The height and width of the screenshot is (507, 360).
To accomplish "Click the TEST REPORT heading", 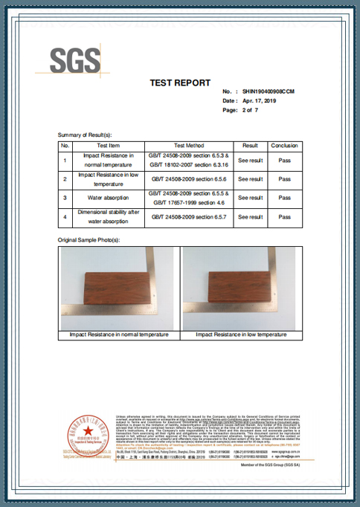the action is pyautogui.click(x=180, y=83).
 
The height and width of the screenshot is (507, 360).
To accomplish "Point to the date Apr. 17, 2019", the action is pyautogui.click(x=259, y=100).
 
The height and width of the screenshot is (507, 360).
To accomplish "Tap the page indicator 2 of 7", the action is pyautogui.click(x=251, y=110).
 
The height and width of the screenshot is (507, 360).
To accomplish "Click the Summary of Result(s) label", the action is pyautogui.click(x=89, y=135).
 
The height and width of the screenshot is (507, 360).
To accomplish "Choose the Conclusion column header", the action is pyautogui.click(x=284, y=146).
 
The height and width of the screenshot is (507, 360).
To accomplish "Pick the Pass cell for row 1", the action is pyautogui.click(x=284, y=160).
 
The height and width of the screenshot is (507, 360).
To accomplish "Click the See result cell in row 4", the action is pyautogui.click(x=250, y=216).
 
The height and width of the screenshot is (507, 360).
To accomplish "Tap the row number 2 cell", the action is pyautogui.click(x=65, y=179).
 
